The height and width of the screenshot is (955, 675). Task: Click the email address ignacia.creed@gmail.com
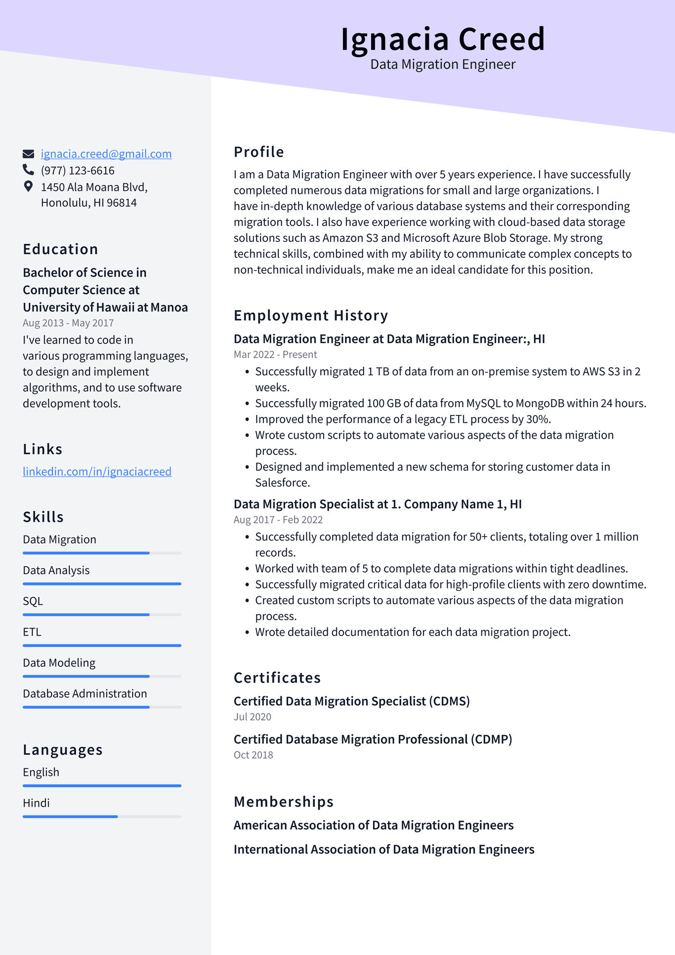coord(106,154)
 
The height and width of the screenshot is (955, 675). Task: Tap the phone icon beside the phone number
coord(28,170)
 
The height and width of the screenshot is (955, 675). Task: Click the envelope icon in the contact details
coord(28,154)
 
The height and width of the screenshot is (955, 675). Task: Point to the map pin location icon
coord(28,186)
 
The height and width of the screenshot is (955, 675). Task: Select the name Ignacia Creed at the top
coord(443,39)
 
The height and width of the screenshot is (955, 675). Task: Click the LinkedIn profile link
coord(97,471)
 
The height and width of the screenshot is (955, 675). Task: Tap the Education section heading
coord(60,249)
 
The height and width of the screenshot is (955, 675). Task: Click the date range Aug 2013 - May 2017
coord(68,323)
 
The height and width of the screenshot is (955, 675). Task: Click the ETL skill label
coord(32,632)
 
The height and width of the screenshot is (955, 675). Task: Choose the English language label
coord(41,773)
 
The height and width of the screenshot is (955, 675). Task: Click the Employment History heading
coord(311,316)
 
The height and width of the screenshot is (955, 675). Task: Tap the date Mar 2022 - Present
coord(275,355)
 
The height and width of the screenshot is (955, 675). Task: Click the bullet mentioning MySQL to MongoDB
coord(450,404)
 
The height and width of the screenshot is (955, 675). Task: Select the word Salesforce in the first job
coord(282,483)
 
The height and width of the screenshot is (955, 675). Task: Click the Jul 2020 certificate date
coord(253,717)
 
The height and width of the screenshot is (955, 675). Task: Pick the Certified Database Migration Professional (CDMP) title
coord(373,739)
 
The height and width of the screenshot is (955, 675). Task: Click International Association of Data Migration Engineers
coord(384,850)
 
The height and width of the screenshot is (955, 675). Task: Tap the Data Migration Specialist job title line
coord(378,504)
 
